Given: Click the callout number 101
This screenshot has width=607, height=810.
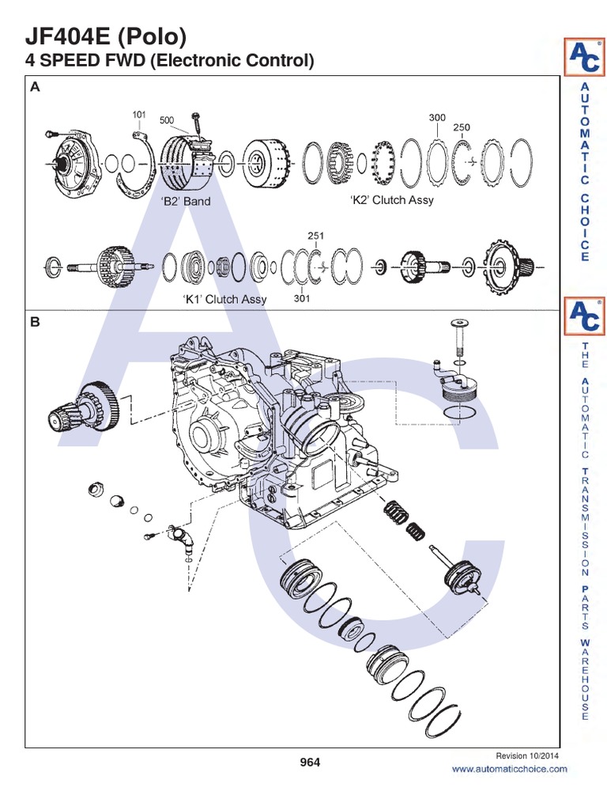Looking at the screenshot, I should (x=139, y=115).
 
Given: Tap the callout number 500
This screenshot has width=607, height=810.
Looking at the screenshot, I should (x=167, y=120).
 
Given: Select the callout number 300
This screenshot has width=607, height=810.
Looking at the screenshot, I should (x=437, y=117).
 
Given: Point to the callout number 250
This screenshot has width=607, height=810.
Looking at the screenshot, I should (x=462, y=127).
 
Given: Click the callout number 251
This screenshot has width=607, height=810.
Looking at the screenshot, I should (x=315, y=236).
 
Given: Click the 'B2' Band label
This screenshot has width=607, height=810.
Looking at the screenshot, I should (x=186, y=201).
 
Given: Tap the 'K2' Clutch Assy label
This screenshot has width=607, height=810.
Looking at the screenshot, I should (x=392, y=200).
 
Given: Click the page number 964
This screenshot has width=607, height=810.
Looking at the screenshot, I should (x=310, y=763).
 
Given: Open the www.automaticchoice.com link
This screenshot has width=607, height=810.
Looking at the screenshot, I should (x=509, y=769).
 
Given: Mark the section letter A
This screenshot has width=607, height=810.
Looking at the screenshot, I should (x=34, y=89).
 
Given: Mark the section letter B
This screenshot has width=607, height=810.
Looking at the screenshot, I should (x=34, y=322).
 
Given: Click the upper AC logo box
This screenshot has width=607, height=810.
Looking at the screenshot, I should (x=583, y=57).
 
